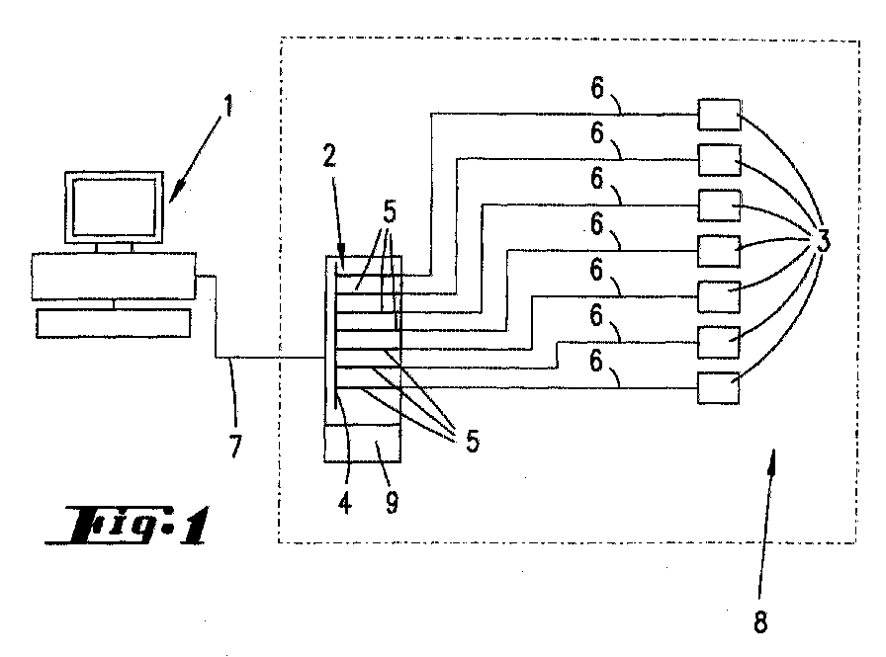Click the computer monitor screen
115,207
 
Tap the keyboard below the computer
113,323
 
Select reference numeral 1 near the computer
228,106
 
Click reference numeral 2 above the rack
329,156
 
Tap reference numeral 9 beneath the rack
392,501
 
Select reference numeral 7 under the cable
234,446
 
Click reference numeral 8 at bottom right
760,622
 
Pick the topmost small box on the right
719,115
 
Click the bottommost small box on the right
718,387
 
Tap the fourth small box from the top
719,251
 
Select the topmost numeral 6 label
597,88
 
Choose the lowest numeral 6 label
596,362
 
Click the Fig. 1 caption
128,525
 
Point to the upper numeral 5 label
390,212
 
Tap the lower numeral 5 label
473,441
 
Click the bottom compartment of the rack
362,444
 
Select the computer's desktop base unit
114,276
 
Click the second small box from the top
719,160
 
